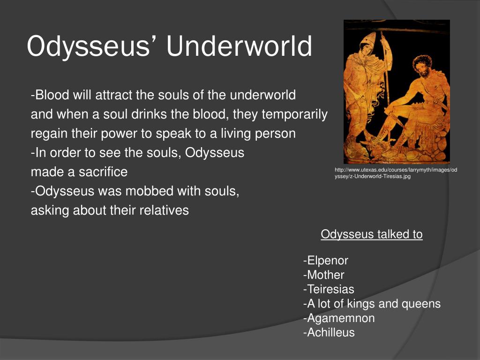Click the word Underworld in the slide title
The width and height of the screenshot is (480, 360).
coord(239,46)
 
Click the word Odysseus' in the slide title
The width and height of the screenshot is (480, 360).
coord(91,46)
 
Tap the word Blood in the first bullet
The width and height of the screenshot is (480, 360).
coord(52,95)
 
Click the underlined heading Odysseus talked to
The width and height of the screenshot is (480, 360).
coord(372,234)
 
